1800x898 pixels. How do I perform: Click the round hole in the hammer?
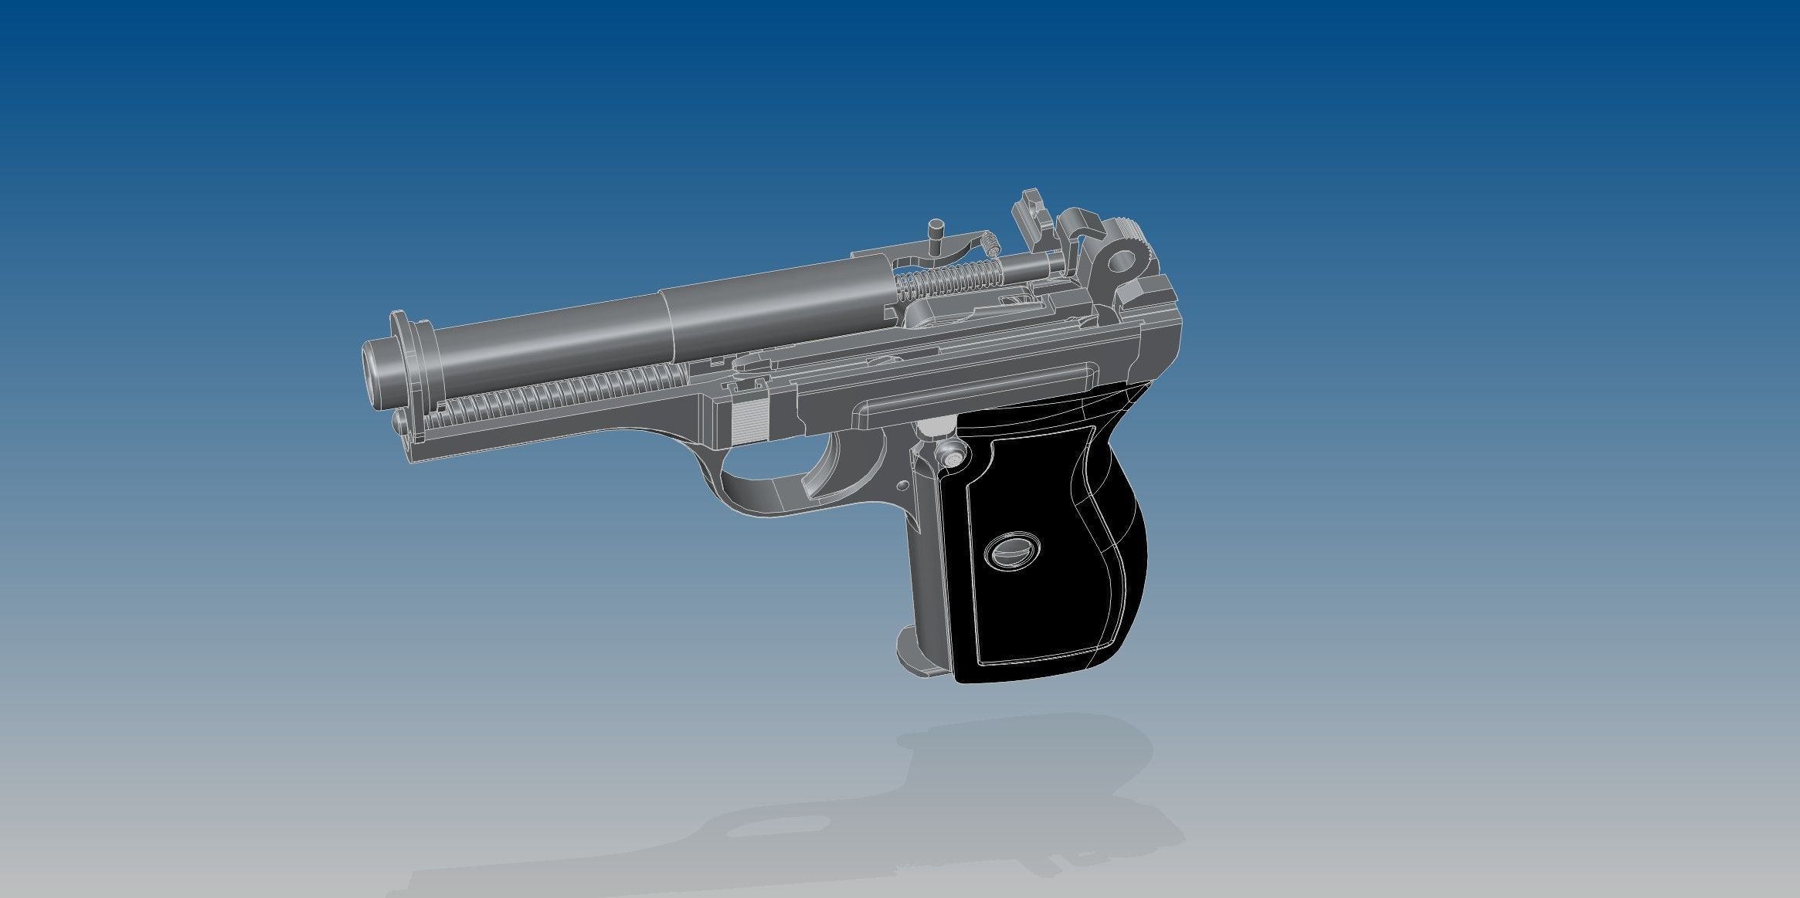coord(1118,263)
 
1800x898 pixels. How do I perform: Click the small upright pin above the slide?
coord(936,232)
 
